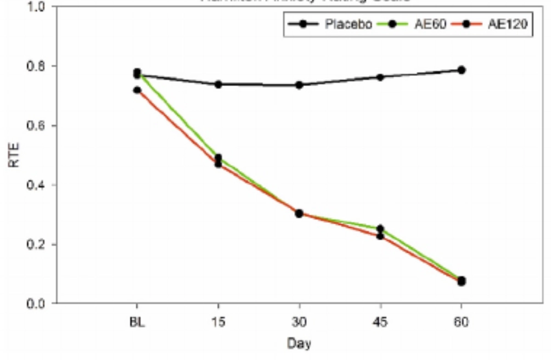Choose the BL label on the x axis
(137, 322)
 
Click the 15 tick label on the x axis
(218, 322)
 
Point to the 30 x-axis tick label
(299, 322)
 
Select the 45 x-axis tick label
(380, 322)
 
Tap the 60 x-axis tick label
(462, 322)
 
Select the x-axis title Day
(299, 344)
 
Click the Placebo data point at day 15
(218, 85)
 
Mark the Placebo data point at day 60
(462, 70)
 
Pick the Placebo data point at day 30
(299, 85)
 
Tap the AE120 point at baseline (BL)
(137, 90)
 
